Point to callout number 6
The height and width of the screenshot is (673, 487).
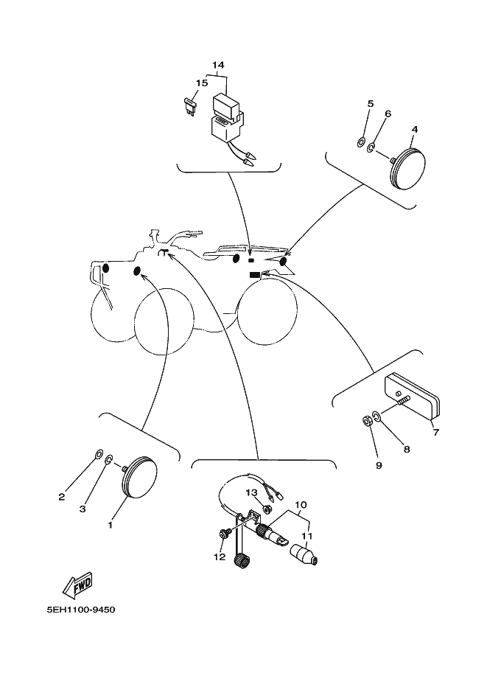pos(388,114)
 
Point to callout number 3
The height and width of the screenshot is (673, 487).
pos(83,509)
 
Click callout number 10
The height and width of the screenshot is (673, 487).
pos(300,506)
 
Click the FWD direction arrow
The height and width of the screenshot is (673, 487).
pos(77,585)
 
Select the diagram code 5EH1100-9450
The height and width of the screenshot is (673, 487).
pos(80,610)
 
